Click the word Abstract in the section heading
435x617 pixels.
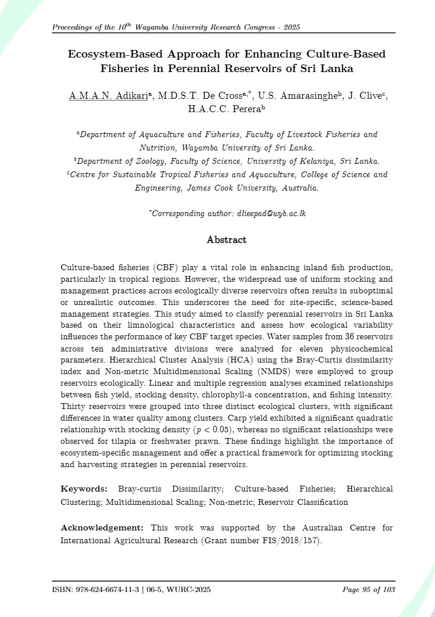pos(227,240)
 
